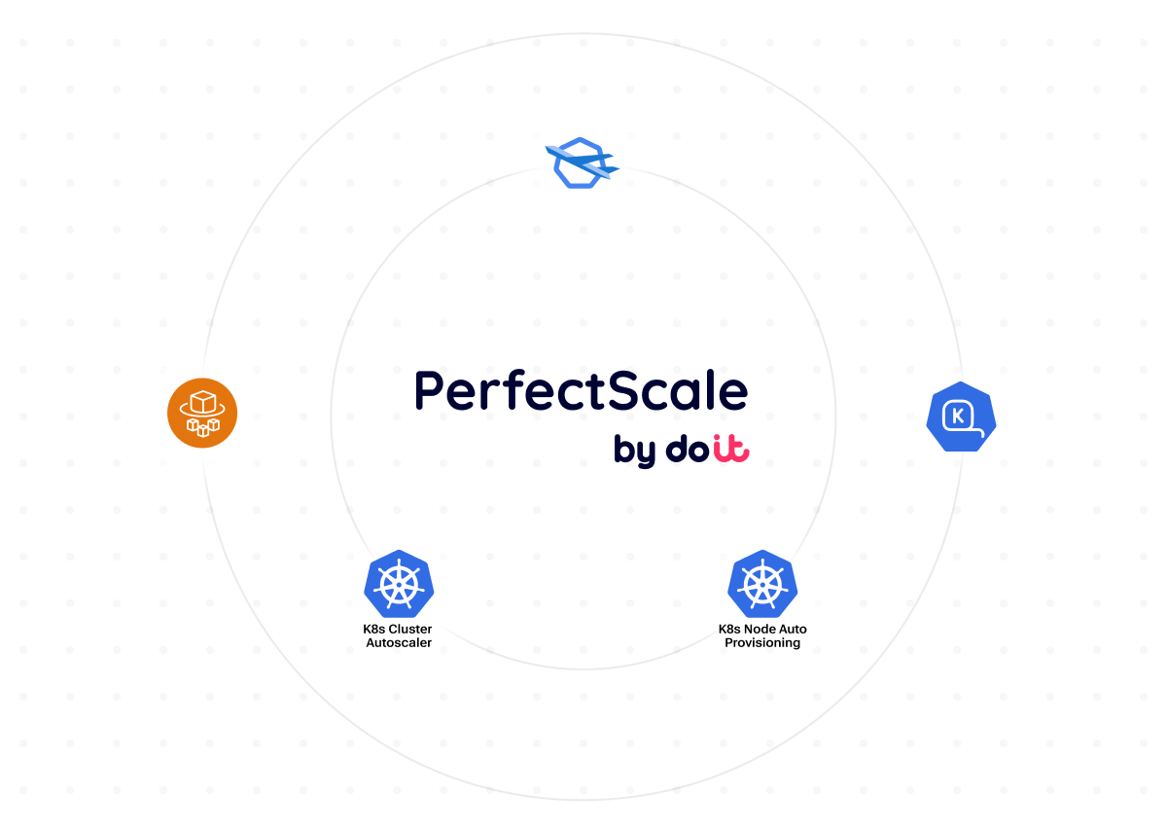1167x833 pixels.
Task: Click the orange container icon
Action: tap(202, 414)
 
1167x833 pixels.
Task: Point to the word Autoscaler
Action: tap(399, 642)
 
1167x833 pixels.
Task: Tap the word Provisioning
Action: tap(762, 642)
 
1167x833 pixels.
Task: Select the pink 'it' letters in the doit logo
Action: tap(730, 449)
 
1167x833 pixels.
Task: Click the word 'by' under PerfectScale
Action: tap(635, 451)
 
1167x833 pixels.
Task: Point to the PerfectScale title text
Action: tap(581, 391)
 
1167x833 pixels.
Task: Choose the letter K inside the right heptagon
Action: tap(959, 416)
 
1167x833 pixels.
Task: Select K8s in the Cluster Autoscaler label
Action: tap(374, 629)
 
